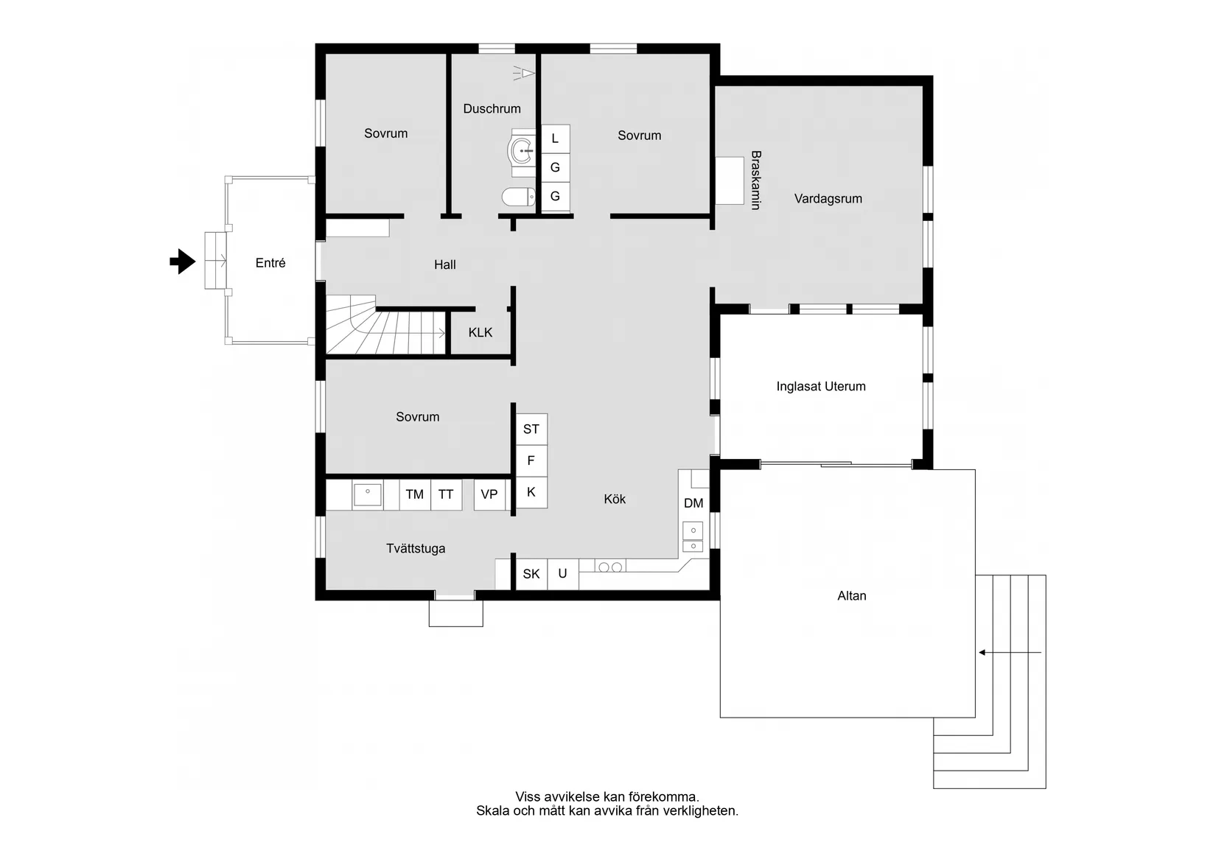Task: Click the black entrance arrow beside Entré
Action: click(182, 262)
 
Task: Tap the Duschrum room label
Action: click(492, 109)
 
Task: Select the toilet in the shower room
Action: click(519, 197)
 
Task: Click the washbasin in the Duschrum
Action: click(524, 150)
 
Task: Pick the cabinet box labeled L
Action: click(555, 139)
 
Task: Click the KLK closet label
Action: click(480, 333)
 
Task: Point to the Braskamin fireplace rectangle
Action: click(730, 180)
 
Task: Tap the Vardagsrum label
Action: click(828, 199)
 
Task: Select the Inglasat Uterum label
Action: click(820, 387)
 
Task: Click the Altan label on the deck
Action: click(851, 596)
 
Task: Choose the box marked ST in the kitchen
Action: click(531, 429)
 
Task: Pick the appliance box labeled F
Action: click(531, 461)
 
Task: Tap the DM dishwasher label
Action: click(693, 504)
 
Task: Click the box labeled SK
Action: click(531, 574)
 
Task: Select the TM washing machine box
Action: click(414, 494)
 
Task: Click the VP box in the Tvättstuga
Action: click(489, 494)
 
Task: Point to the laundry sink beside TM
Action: click(367, 494)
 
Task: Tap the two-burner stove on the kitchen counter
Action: click(610, 567)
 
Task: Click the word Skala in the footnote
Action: click(492, 811)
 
